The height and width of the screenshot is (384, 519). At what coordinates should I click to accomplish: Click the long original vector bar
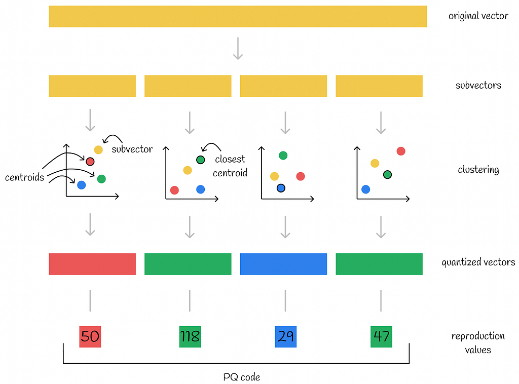[238, 16]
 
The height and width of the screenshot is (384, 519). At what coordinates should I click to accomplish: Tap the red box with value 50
[90, 336]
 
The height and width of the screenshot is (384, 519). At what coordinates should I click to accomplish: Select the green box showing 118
[190, 336]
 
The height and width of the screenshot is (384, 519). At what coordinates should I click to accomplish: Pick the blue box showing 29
[286, 336]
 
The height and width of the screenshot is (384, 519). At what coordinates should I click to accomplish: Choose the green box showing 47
[381, 336]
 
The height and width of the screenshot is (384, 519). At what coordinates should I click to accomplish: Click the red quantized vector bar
[92, 264]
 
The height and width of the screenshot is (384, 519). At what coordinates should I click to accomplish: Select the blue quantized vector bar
[284, 264]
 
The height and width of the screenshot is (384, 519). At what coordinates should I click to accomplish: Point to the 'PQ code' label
[242, 377]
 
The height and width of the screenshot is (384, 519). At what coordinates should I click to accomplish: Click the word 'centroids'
[24, 177]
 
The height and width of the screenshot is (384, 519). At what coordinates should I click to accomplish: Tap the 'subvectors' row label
[478, 85]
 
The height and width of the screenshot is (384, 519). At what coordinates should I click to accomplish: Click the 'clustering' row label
[478, 170]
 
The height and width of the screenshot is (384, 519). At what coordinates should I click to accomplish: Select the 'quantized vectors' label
[478, 262]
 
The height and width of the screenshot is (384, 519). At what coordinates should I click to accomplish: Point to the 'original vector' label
[478, 16]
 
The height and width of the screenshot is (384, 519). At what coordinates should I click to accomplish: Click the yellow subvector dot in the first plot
[98, 150]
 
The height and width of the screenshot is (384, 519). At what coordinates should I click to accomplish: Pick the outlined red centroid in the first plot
[90, 162]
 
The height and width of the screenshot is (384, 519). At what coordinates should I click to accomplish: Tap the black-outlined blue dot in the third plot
[281, 188]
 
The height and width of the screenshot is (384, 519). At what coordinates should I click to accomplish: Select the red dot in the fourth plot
[401, 151]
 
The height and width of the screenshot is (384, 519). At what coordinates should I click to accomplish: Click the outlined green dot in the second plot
[201, 160]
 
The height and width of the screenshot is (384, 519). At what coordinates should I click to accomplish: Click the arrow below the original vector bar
[238, 49]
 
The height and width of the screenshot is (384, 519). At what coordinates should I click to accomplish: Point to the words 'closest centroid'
[230, 166]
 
